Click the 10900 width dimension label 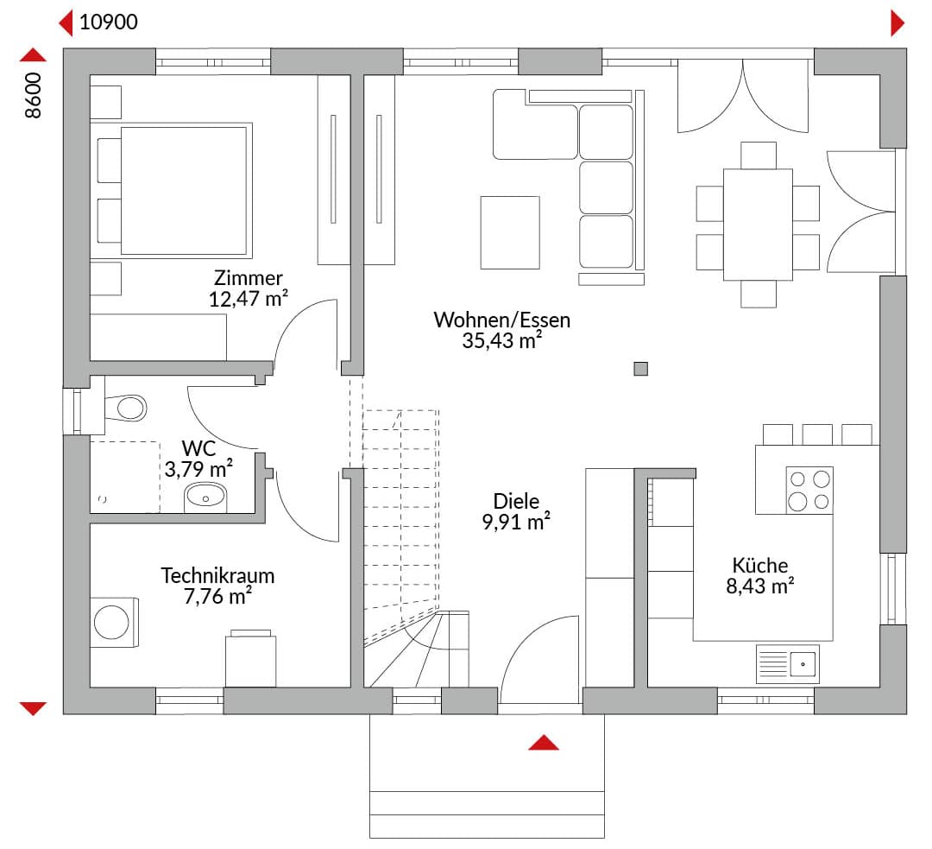click(109, 22)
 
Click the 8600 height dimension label click(34, 95)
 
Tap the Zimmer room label click(249, 277)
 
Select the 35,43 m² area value click(501, 341)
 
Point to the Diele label click(516, 501)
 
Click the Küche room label click(760, 565)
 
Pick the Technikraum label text click(217, 575)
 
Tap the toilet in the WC click(125, 409)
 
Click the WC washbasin click(205, 497)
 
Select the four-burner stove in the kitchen click(809, 490)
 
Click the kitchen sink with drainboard click(788, 663)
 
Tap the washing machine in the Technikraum click(114, 623)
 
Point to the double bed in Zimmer click(171, 190)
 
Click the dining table click(758, 225)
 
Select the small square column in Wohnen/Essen click(640, 369)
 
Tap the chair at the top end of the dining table click(759, 155)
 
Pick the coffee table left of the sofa click(510, 232)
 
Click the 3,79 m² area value click(198, 469)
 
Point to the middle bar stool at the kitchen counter click(817, 434)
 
